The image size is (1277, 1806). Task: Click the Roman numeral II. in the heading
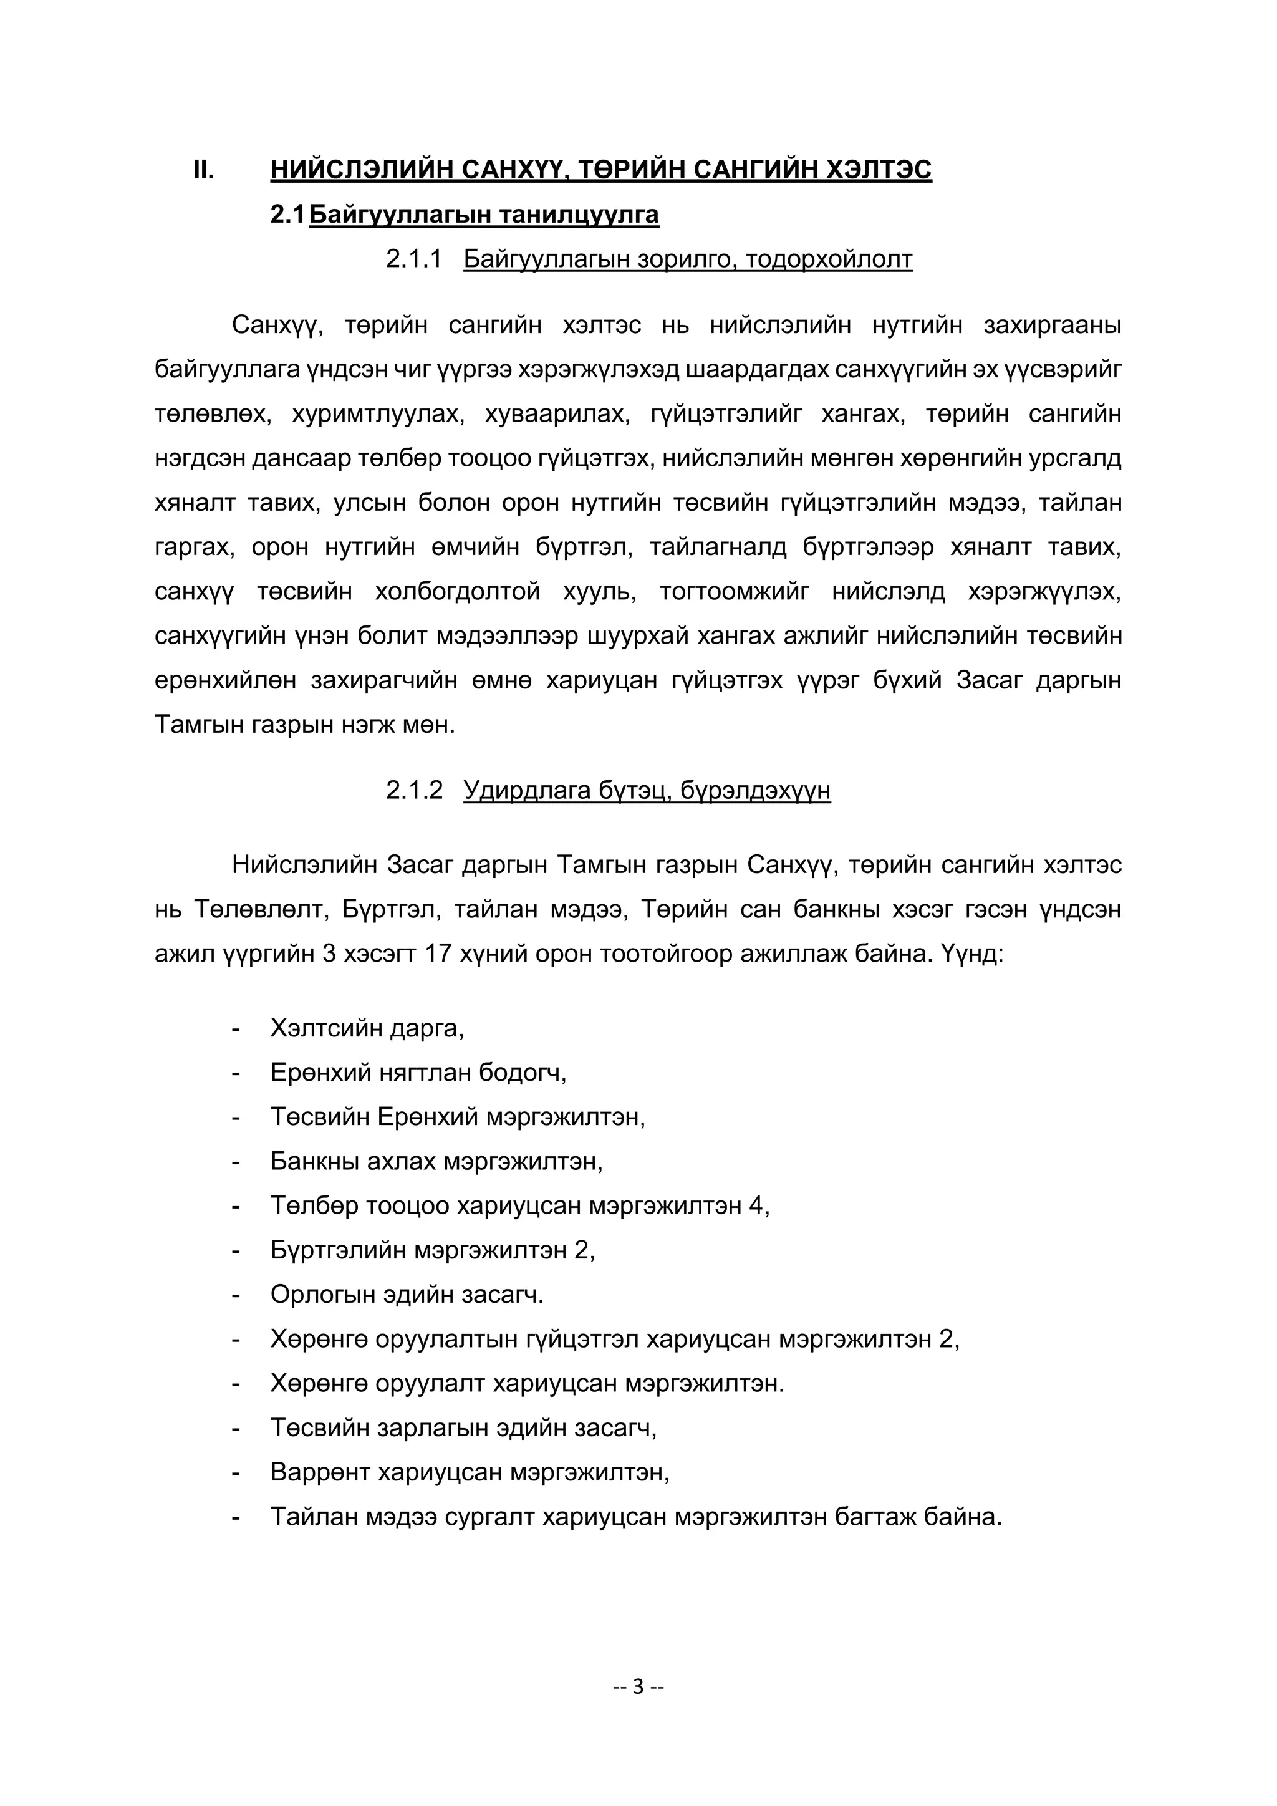coord(204,170)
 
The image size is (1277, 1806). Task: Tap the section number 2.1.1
coord(413,259)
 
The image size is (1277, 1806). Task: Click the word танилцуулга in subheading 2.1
coord(579,214)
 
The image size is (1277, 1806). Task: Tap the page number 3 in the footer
coord(638,1686)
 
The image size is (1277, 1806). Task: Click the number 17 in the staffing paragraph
coord(437,954)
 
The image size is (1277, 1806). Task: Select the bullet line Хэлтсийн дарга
coord(367,1027)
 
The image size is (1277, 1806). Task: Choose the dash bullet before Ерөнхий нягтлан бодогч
coord(235,1072)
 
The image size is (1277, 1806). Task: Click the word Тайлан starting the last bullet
coord(314,1516)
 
